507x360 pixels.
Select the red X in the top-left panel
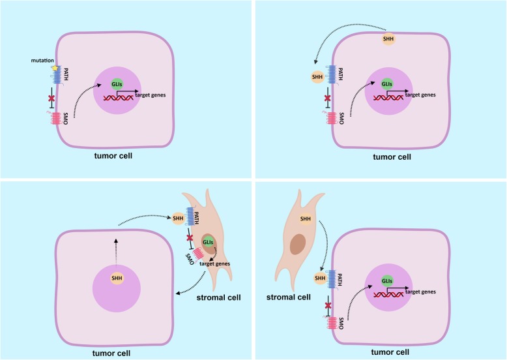[52, 98]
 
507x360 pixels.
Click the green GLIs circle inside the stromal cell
[209, 243]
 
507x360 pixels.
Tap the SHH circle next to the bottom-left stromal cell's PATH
[178, 218]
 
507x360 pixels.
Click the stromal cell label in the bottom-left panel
[218, 298]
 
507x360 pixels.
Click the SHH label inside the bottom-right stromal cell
[304, 218]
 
